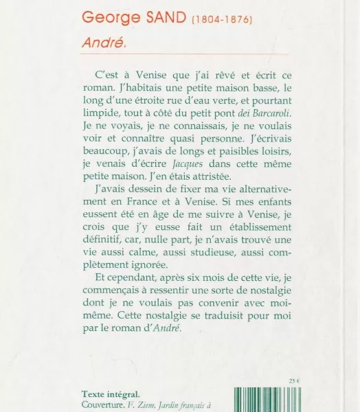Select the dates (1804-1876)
(x=221, y=19)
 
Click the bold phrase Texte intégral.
(x=111, y=394)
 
